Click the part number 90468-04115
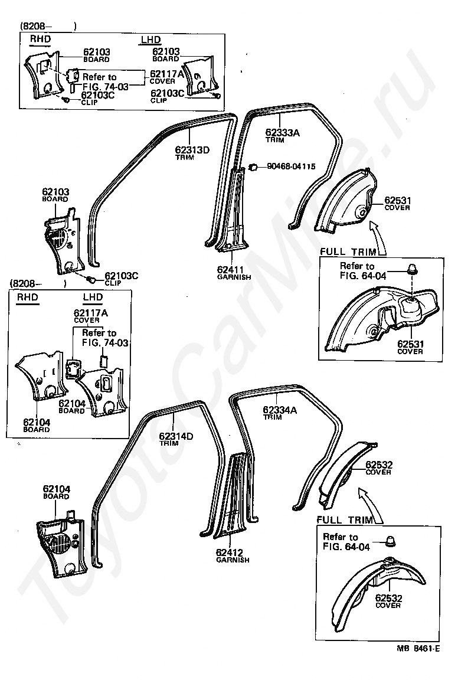click(291, 166)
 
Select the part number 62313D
click(192, 150)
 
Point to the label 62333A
click(282, 133)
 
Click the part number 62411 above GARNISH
click(230, 270)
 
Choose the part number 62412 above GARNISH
click(229, 552)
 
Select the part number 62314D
click(176, 436)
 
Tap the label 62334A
click(280, 410)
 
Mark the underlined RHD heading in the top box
click(40, 39)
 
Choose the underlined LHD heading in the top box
click(151, 40)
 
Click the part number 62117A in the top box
click(167, 74)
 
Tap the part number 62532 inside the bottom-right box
click(388, 598)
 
